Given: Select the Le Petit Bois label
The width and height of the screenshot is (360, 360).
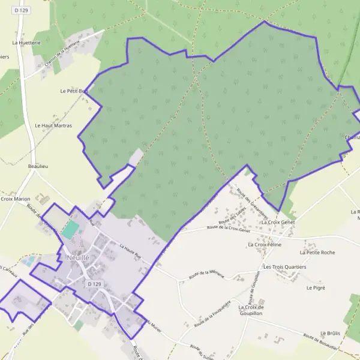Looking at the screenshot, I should [74, 91].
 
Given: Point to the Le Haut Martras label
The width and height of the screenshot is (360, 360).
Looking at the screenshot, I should [53, 126].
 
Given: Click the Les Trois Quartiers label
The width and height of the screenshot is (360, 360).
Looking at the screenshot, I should [284, 266].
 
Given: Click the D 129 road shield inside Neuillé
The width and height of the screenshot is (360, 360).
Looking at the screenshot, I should [94, 283].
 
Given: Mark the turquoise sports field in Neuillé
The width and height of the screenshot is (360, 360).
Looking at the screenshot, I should [71, 229].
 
